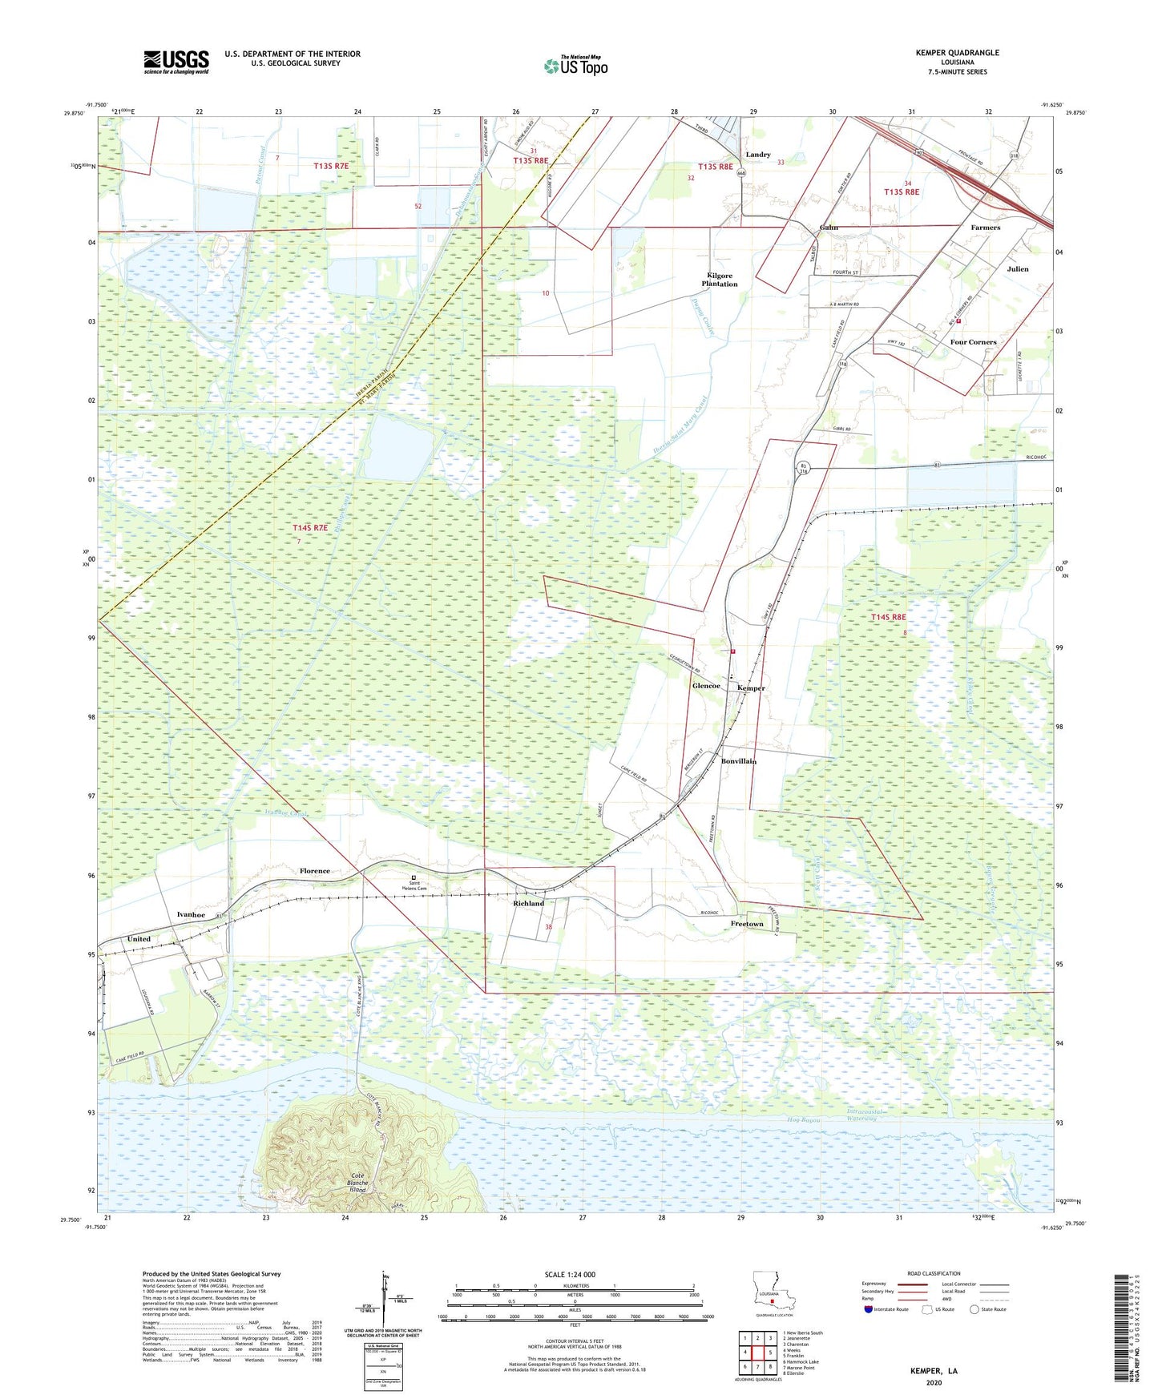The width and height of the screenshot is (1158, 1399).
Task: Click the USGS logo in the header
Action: click(x=176, y=62)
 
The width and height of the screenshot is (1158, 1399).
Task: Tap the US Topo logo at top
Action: click(x=575, y=66)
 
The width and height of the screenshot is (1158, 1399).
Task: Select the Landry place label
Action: click(x=757, y=155)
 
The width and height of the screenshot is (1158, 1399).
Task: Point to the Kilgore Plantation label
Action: click(x=719, y=280)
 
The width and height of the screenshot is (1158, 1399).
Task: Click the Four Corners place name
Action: click(x=973, y=342)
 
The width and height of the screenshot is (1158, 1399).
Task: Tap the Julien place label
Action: click(x=1018, y=269)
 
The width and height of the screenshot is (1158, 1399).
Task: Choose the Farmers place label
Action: click(x=985, y=228)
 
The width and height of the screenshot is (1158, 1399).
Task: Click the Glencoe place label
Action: click(x=706, y=687)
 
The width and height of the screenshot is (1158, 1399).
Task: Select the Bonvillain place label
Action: click(x=738, y=761)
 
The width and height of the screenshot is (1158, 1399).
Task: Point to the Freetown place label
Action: click(x=747, y=924)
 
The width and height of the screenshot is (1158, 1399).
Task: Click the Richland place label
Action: click(x=528, y=903)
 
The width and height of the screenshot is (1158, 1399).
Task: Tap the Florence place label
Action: click(x=314, y=871)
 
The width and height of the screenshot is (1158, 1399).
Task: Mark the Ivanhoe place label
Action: click(x=191, y=914)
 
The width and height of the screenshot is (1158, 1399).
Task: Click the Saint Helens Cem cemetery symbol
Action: click(x=414, y=877)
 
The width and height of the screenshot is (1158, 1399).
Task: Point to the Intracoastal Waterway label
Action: click(x=862, y=1115)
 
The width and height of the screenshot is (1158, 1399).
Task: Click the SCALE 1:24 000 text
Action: click(x=570, y=1275)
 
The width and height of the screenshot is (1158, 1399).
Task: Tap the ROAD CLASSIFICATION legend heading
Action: click(x=934, y=1273)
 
